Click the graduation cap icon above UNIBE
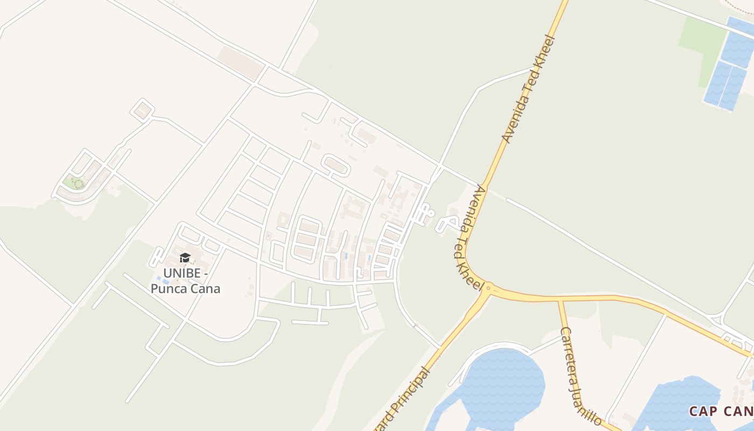click(185, 258)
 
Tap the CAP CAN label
click(721, 412)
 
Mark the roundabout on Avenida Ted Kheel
click(488, 289)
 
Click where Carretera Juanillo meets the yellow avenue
click(560, 298)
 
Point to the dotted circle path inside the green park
click(79, 184)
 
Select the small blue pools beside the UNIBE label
click(158, 280)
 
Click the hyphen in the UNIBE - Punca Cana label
click(205, 274)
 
